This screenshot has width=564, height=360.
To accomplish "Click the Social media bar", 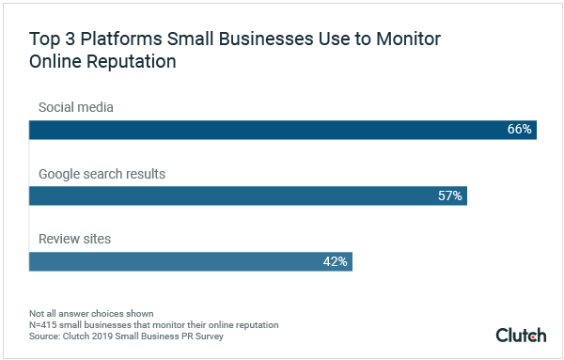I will [x=282, y=129].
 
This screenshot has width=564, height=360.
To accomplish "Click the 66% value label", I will [x=520, y=129].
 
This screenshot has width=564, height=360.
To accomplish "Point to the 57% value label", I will [x=449, y=196].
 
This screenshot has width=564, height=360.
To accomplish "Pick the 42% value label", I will [x=336, y=262].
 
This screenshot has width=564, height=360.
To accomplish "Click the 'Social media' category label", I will [x=75, y=107].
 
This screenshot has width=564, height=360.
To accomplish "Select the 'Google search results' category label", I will [x=102, y=174].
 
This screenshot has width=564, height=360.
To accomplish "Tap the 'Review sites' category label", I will [x=74, y=240].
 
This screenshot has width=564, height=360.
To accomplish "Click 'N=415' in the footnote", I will [x=44, y=324].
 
